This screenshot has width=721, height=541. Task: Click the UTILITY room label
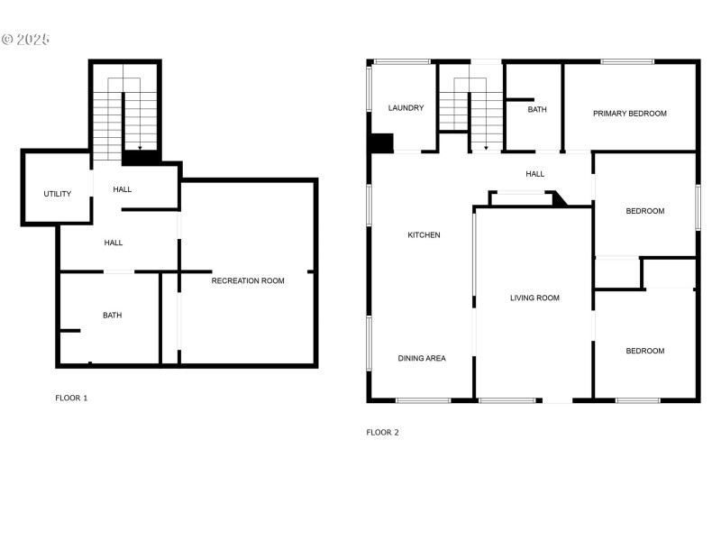pyautogui.click(x=58, y=194)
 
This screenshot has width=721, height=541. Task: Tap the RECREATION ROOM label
pyautogui.click(x=248, y=281)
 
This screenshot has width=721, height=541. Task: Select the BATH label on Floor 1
pyautogui.click(x=112, y=316)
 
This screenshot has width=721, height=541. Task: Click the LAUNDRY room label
pyautogui.click(x=406, y=108)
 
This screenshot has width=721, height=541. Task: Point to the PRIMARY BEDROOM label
pyautogui.click(x=629, y=114)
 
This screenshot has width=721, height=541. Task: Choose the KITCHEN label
pyautogui.click(x=424, y=235)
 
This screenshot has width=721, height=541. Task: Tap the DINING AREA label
pyautogui.click(x=422, y=359)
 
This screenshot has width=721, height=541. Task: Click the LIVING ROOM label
pyautogui.click(x=534, y=298)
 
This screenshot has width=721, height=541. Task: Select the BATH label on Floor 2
pyautogui.click(x=537, y=110)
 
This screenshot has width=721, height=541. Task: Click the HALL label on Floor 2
pyautogui.click(x=535, y=174)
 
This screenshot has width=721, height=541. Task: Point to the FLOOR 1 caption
pyautogui.click(x=71, y=398)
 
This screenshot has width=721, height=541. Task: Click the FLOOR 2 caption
pyautogui.click(x=382, y=433)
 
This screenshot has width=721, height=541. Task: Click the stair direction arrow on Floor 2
pyautogui.click(x=487, y=146)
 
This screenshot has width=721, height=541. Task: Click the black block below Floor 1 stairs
pyautogui.click(x=141, y=158)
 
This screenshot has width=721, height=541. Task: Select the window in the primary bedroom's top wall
pyautogui.click(x=628, y=61)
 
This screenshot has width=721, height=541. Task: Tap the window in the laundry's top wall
pyautogui.click(x=402, y=61)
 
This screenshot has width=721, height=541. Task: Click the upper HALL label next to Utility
pyautogui.click(x=123, y=189)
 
